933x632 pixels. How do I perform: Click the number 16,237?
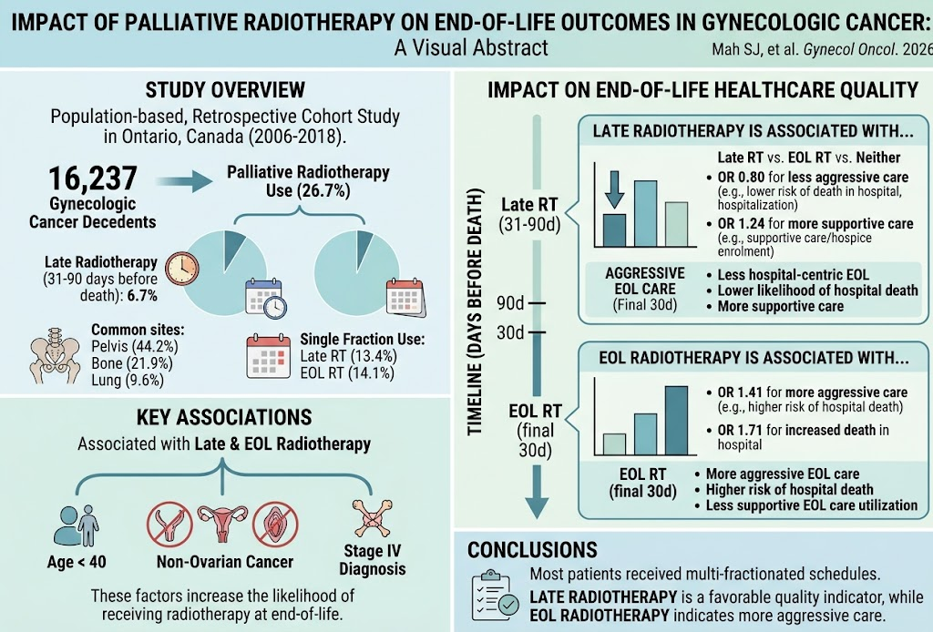tap(93, 178)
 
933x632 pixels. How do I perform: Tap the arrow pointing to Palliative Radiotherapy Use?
tap(184, 182)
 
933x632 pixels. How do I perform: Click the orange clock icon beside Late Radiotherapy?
tap(182, 269)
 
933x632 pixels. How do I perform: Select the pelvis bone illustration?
tap(55, 355)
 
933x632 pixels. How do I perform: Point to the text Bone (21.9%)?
tap(132, 363)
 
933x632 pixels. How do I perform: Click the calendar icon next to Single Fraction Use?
tap(269, 357)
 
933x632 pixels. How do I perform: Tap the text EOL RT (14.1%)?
tap(347, 372)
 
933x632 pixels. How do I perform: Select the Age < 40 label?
tap(77, 562)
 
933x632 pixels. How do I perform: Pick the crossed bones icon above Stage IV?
tap(372, 518)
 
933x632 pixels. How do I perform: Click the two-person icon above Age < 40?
tap(77, 525)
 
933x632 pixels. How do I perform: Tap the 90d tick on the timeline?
tap(537, 303)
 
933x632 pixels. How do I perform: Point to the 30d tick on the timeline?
tap(537, 331)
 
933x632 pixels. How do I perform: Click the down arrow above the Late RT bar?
tap(615, 189)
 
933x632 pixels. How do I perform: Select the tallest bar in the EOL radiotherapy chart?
tap(677, 421)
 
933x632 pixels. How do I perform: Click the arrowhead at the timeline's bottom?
tap(537, 506)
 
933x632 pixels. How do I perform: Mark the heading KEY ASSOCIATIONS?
tap(224, 417)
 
